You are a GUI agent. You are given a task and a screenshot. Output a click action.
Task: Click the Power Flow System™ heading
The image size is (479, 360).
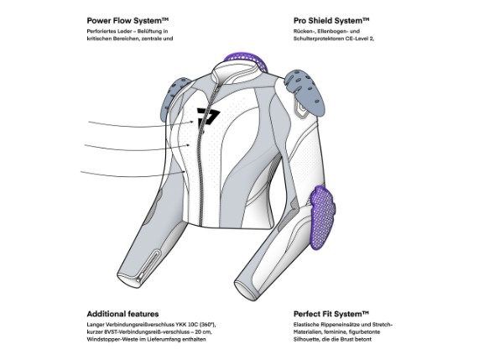128,21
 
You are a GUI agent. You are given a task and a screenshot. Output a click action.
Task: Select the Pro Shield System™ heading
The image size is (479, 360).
331,21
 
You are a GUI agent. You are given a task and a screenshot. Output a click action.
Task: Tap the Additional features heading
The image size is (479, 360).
122,314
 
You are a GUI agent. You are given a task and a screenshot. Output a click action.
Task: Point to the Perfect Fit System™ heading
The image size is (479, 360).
331,314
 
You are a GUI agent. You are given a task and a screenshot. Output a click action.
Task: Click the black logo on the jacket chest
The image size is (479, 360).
208,117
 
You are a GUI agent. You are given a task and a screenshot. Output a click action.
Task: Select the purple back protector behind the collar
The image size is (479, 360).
246,60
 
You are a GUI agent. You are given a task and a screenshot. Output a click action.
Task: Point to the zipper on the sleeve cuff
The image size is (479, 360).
148,265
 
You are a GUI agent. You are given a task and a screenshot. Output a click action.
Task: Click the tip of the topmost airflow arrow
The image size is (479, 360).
194,122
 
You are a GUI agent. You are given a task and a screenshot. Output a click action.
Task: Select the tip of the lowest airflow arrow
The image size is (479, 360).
185,172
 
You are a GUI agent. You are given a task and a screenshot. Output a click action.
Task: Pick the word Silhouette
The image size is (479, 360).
307,339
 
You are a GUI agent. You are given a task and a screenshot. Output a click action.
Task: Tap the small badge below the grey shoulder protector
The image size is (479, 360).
301,108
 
